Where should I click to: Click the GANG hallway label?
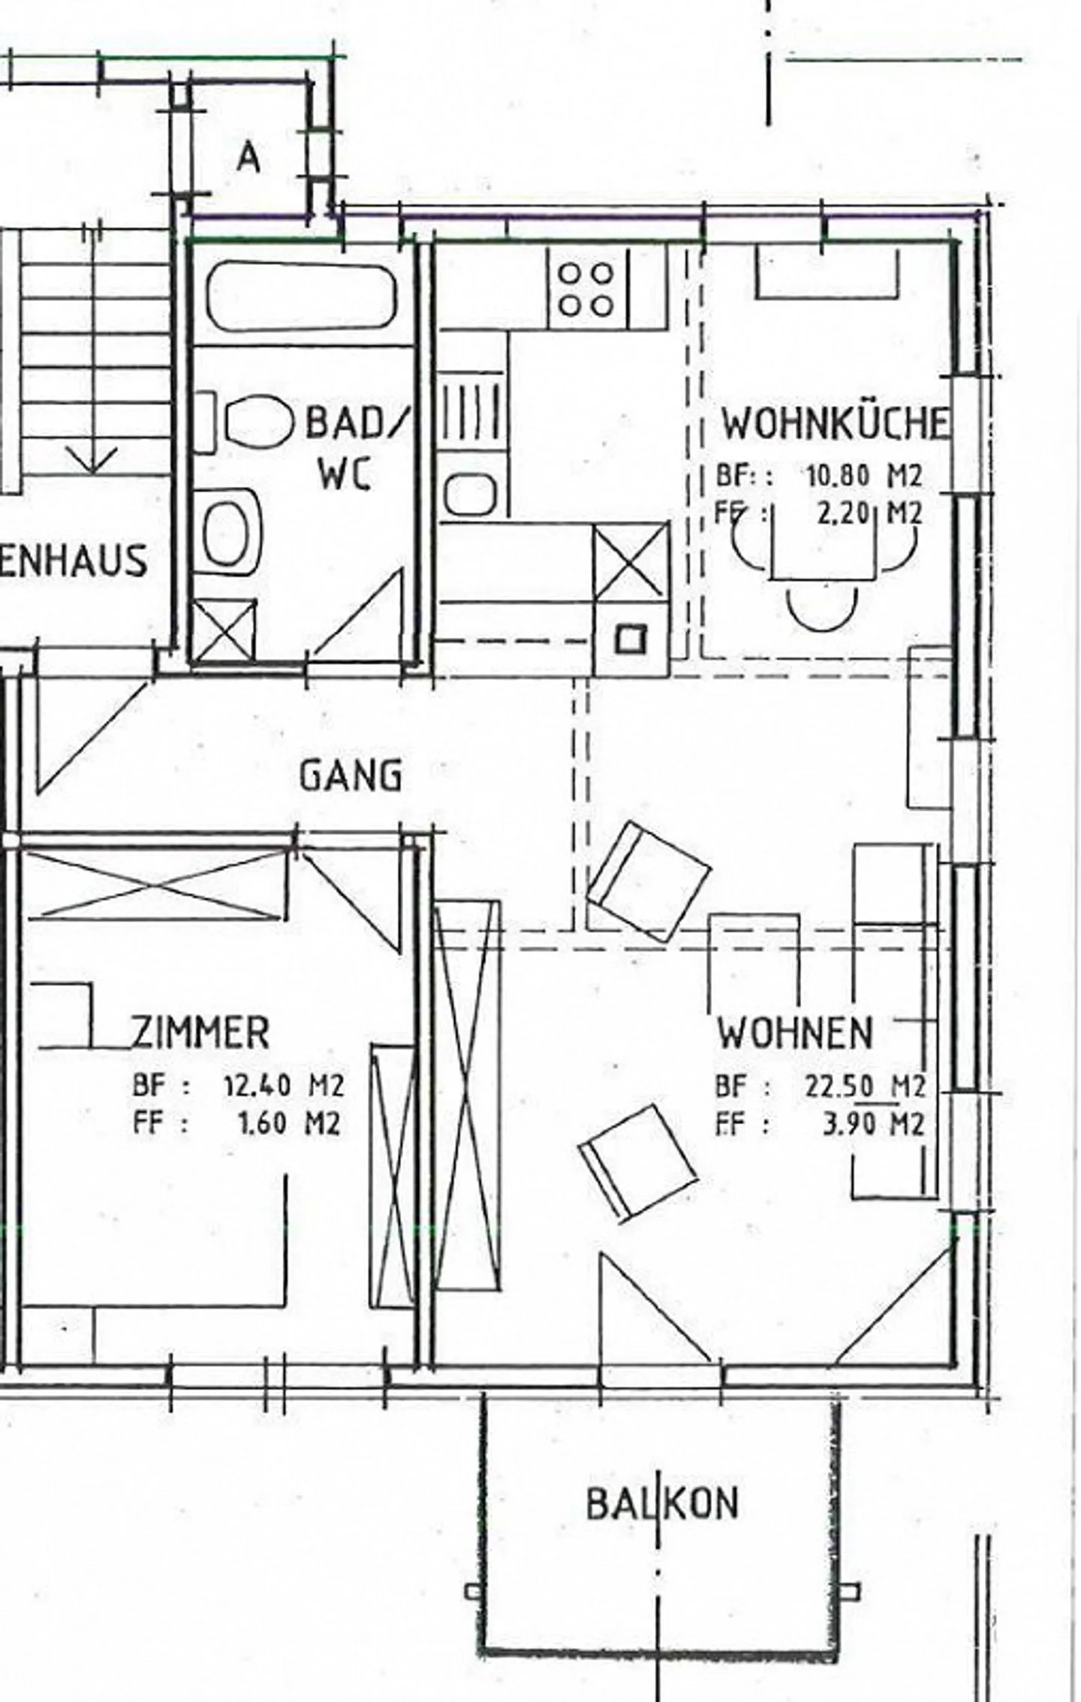[x=351, y=775]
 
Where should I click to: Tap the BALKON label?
[x=662, y=1503]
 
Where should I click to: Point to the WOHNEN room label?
[x=795, y=1033]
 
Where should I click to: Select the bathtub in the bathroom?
[x=301, y=296]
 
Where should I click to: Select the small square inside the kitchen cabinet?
[x=631, y=639]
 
